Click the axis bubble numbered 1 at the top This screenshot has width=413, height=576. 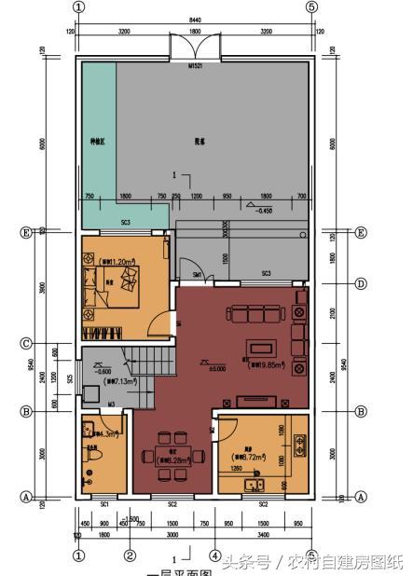[78, 7]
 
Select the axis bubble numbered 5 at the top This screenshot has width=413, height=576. [311, 7]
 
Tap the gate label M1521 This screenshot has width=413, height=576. [195, 66]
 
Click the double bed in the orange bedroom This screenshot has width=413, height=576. [123, 280]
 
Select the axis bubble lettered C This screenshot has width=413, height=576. [26, 344]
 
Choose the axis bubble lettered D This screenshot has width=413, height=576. [361, 283]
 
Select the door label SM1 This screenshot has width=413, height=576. [198, 275]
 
